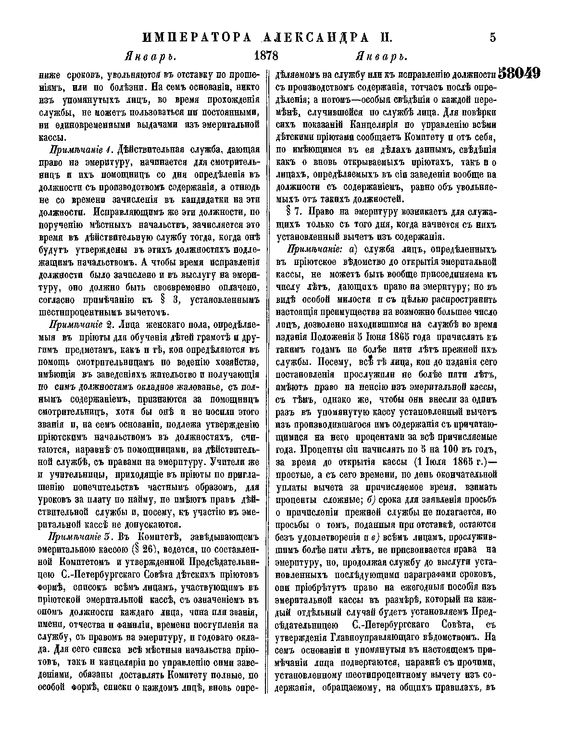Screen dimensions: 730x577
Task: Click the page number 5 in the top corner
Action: (x=492, y=38)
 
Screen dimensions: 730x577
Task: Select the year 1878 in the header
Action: (x=266, y=56)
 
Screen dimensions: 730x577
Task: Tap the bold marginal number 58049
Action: (x=520, y=74)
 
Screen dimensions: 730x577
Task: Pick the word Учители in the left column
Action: (x=238, y=462)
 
